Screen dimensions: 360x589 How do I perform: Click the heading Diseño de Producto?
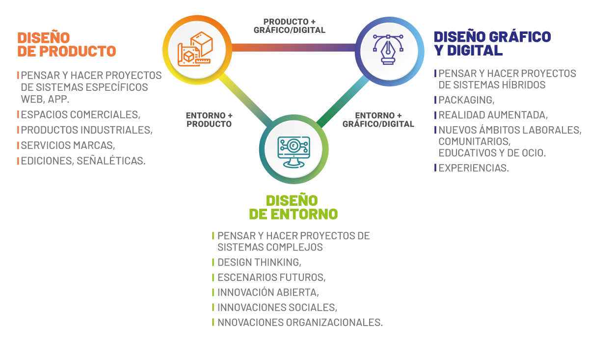pos(66,44)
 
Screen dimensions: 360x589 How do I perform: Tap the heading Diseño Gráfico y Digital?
pos(492,43)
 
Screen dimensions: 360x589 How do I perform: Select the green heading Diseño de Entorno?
pos(293,207)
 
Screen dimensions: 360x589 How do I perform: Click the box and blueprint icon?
pos(197,48)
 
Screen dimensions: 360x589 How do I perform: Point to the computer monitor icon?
pos(294,149)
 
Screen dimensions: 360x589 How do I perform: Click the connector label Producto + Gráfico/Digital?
pos(289,26)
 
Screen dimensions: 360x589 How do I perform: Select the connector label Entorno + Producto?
pos(209,120)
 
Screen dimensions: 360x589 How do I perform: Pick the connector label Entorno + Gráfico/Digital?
pos(378,120)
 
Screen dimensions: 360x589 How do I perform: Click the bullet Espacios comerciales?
pos(80,114)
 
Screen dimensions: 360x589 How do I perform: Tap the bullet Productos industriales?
pos(86,130)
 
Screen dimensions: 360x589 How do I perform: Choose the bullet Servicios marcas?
pos(68,145)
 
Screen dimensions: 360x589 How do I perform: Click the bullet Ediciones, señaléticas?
pos(83,161)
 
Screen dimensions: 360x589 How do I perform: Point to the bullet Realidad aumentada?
pos(493,115)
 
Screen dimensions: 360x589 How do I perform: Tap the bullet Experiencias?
pos(473,168)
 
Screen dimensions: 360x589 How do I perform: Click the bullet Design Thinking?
pos(259,262)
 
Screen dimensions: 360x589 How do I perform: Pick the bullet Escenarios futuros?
pos(271,277)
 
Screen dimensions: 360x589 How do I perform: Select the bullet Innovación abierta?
pos(268,292)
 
